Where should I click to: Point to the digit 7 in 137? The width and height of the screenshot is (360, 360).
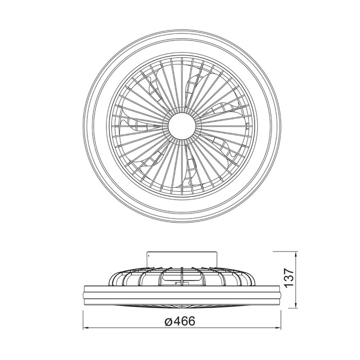[289, 271]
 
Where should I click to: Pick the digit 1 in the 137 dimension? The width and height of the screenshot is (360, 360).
[289, 285]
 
